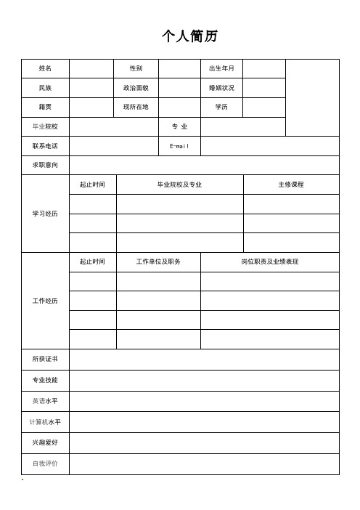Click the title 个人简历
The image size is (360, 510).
tap(189, 36)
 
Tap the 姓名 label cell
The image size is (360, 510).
tap(46, 68)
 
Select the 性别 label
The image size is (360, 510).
tap(136, 68)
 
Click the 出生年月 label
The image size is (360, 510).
tap(221, 68)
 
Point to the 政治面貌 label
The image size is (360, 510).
tap(136, 88)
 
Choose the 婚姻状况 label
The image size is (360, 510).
tap(221, 88)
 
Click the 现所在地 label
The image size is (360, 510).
tap(136, 107)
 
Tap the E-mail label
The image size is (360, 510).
tap(179, 146)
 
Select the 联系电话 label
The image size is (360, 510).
tap(46, 146)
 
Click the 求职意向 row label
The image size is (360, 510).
tap(46, 165)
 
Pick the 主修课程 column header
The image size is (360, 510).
tap(291, 185)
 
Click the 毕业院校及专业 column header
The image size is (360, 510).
tap(179, 185)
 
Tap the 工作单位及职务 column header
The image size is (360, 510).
tap(158, 262)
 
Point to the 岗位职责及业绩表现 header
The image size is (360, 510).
tap(269, 262)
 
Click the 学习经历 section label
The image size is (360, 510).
tap(46, 214)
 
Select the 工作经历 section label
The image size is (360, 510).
tap(46, 300)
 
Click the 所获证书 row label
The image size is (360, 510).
tap(46, 359)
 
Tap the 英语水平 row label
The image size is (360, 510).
tap(46, 400)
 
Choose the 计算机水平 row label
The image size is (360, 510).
tap(46, 421)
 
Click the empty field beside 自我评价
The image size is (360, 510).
tap(204, 464)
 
